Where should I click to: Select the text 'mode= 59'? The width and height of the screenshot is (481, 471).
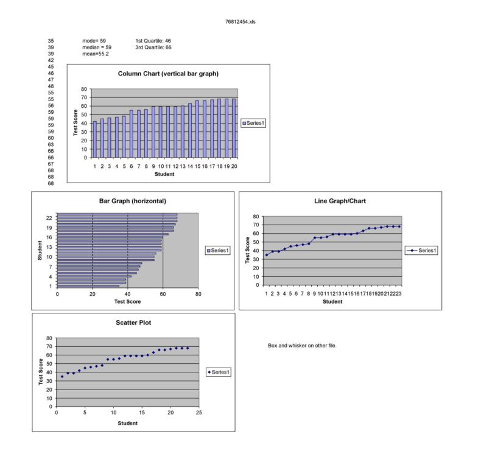coord(94,41)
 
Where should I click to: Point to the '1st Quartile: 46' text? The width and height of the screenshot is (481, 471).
coord(153,41)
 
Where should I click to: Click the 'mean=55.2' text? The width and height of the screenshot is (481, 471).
coord(96,54)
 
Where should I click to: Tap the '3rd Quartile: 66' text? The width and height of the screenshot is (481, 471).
coord(153,47)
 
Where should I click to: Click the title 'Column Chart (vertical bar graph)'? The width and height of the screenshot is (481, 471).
coord(168,74)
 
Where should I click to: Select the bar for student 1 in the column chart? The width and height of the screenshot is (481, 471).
coord(95,139)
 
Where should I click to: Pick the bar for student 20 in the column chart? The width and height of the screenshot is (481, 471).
coord(233,128)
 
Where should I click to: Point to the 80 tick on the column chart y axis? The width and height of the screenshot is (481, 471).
coord(85,89)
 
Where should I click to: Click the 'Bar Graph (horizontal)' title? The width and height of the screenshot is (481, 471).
coord(133,201)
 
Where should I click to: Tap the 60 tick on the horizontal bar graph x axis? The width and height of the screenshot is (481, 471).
coord(163,294)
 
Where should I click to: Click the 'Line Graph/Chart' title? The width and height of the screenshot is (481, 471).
coord(340,201)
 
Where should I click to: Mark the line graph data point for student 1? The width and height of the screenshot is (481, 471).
coord(266,255)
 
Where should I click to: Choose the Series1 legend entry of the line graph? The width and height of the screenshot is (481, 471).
coord(421,250)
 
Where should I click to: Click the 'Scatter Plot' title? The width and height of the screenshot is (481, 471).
coord(133,323)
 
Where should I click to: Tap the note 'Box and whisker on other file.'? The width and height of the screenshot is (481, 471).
coord(302,346)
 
